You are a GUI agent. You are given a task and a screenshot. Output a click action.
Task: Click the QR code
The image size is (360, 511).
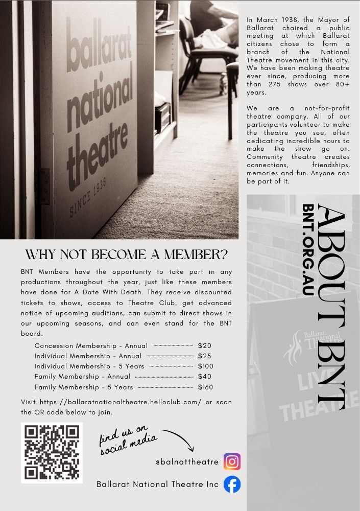tap(52, 453)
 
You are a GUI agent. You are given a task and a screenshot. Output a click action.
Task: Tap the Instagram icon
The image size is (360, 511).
tap(232, 461)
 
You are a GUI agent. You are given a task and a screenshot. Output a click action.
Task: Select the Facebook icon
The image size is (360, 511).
tap(232, 484)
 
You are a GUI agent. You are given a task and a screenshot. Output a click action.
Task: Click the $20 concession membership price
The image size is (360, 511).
tap(204, 346)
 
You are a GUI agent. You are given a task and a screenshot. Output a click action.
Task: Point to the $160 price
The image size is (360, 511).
tap(205, 387)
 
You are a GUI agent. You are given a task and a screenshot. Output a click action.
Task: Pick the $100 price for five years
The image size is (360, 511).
tap(205, 366)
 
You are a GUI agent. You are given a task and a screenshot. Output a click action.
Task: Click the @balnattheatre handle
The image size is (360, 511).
tap(187, 462)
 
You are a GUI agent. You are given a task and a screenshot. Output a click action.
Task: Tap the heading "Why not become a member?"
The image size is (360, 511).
tap(127, 255)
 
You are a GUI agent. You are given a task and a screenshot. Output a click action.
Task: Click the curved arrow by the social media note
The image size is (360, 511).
tap(177, 439)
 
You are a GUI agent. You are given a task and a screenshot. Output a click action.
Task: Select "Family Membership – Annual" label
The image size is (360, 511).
tap(82, 377)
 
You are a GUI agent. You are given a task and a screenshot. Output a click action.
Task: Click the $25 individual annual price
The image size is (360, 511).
tap(204, 356)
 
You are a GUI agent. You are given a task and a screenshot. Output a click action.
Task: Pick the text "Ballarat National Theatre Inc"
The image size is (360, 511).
tap(157, 484)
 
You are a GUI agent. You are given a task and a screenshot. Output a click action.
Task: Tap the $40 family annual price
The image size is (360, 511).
tap(204, 377)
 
